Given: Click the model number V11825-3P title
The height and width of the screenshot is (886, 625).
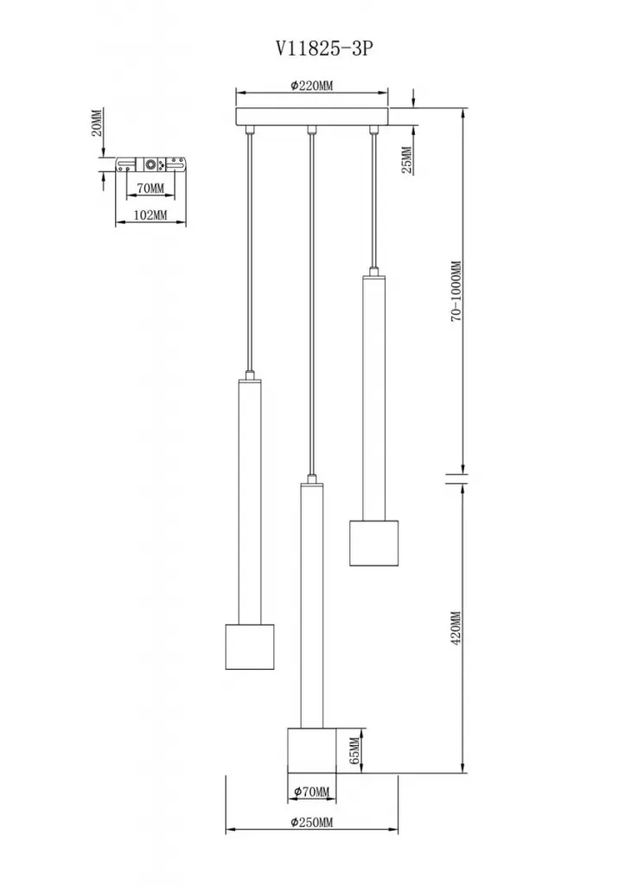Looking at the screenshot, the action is point(324,49).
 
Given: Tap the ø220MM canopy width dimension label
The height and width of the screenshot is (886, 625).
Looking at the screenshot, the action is point(312,86).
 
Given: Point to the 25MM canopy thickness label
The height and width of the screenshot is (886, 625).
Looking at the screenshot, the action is point(406,160).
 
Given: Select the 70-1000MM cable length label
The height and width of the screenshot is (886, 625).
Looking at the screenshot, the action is point(456,292).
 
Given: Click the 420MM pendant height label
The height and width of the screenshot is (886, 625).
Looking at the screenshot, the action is point(456,627).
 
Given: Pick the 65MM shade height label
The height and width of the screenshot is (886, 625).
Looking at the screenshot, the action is point(354,750).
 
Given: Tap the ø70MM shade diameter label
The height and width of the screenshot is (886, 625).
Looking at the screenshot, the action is point(310,792).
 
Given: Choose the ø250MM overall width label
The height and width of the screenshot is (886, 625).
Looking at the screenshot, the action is point(312,822).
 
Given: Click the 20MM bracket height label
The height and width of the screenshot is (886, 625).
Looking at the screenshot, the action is point(97,123).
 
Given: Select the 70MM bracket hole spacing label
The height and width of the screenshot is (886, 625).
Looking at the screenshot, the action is point(150,188).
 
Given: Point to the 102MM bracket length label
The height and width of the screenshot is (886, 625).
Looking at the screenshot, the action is point(150,215).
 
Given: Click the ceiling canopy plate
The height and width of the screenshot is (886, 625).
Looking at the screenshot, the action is point(312,117).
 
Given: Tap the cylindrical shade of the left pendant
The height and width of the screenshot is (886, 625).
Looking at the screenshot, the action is point(250,646).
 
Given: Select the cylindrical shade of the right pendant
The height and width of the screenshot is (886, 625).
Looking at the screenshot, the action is point(373,543).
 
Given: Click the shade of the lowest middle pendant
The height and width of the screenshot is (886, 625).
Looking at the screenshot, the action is point(312,750).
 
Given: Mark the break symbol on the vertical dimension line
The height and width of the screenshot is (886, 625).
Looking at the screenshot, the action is point(456,478).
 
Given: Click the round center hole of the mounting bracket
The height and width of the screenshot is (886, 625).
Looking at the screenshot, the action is point(150,165).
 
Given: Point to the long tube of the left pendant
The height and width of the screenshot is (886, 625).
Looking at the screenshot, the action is point(250,501).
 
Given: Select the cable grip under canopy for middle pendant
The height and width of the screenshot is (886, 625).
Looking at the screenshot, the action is point(310,131).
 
